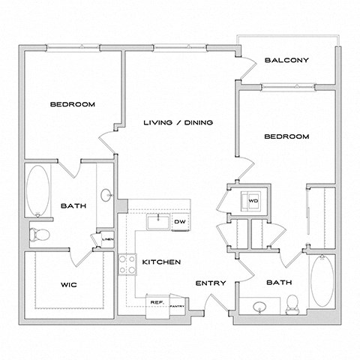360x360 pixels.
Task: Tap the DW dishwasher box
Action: pyautogui.click(x=180, y=221)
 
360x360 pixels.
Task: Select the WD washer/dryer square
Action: pyautogui.click(x=253, y=201)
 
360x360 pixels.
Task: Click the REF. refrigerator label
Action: pyautogui.click(x=157, y=301)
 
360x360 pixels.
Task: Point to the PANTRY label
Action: pyautogui.click(x=178, y=306)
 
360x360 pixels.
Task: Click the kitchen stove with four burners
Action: pyautogui.click(x=126, y=264)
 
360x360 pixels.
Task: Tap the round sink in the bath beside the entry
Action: pyautogui.click(x=259, y=306)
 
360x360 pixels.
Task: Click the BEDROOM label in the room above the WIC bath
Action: pyautogui.click(x=72, y=104)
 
